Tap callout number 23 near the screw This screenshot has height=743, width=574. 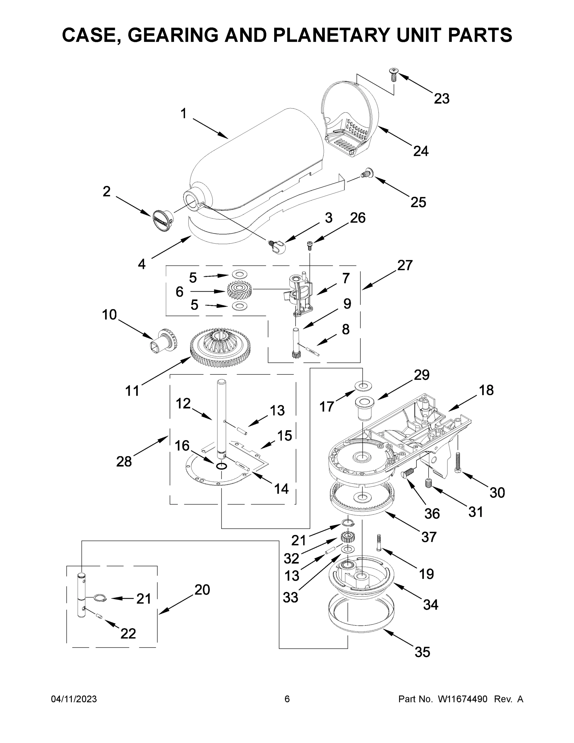coord(441,99)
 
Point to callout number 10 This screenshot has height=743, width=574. coord(109,315)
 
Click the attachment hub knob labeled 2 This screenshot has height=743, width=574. coord(162,221)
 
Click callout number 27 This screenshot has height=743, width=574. coord(405,265)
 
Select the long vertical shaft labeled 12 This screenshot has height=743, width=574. coord(221,419)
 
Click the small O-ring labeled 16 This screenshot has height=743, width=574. coord(221,466)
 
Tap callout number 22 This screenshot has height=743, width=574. coord(128,633)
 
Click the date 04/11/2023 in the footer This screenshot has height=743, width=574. coord(74,699)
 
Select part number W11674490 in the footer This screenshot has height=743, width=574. coord(463,699)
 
